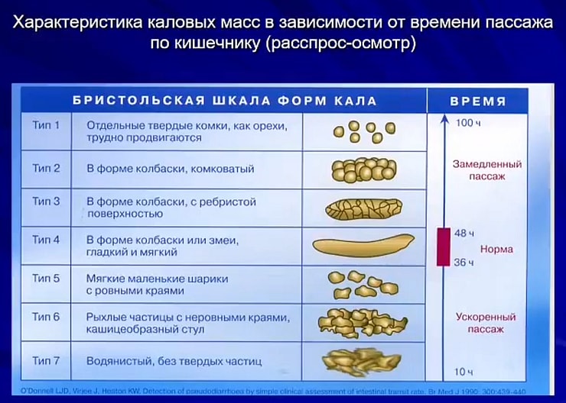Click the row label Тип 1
(46, 124)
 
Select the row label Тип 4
(46, 240)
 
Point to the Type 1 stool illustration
(359, 131)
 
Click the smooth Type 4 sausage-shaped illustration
(363, 245)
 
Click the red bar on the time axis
(443, 246)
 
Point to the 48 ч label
(465, 232)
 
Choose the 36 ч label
(464, 263)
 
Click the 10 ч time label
(464, 372)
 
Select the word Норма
(496, 249)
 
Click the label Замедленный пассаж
(487, 170)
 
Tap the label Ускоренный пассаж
(486, 323)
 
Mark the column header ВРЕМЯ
(477, 101)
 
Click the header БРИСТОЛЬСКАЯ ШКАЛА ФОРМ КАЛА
(224, 101)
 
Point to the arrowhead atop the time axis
(443, 118)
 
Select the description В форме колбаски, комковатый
(170, 169)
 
